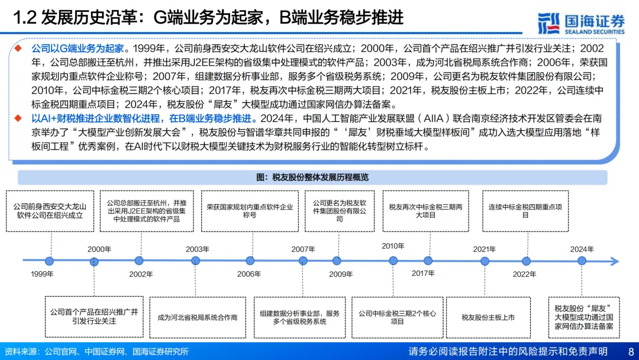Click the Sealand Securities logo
[x=581, y=22]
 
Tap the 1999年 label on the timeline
[x=42, y=274]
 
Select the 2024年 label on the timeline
[x=582, y=249]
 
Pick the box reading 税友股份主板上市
[x=488, y=317]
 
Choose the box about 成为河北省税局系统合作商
[x=197, y=317]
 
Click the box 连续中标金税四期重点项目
[x=525, y=211]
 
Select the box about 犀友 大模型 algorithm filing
[x=584, y=317]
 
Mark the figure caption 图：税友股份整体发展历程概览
[x=312, y=177]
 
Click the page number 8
[x=631, y=351]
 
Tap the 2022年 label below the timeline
[x=524, y=274]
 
